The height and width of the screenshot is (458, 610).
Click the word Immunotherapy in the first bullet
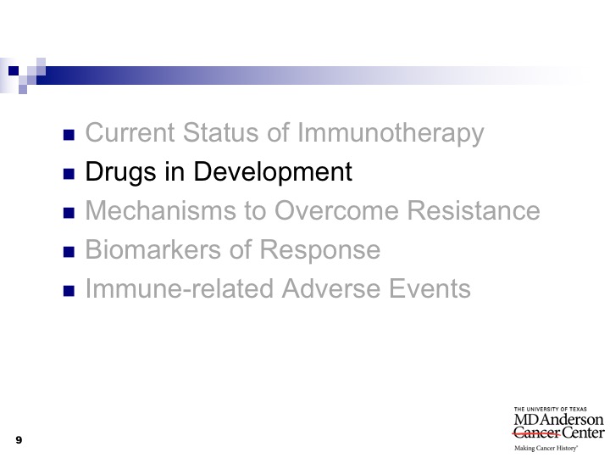(x=391, y=134)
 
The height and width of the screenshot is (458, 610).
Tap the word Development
(x=273, y=171)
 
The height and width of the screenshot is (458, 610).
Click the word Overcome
(x=336, y=210)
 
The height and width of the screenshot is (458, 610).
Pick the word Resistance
(x=474, y=210)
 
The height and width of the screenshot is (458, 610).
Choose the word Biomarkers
(x=153, y=249)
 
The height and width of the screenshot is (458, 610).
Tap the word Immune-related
(x=180, y=288)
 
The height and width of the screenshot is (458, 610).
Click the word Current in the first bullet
(x=130, y=132)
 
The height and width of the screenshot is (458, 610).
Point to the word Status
(x=221, y=132)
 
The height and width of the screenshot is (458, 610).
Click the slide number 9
(x=19, y=440)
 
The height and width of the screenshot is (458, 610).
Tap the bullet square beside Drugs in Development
(x=69, y=174)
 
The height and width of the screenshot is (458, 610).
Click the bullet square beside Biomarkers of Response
(x=69, y=252)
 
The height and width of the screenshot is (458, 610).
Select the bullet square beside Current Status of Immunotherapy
(x=69, y=135)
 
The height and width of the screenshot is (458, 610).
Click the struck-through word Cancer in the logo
(x=536, y=433)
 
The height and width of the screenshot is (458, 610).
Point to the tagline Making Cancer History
(x=546, y=449)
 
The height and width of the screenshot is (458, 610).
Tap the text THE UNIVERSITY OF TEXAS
(x=551, y=410)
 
